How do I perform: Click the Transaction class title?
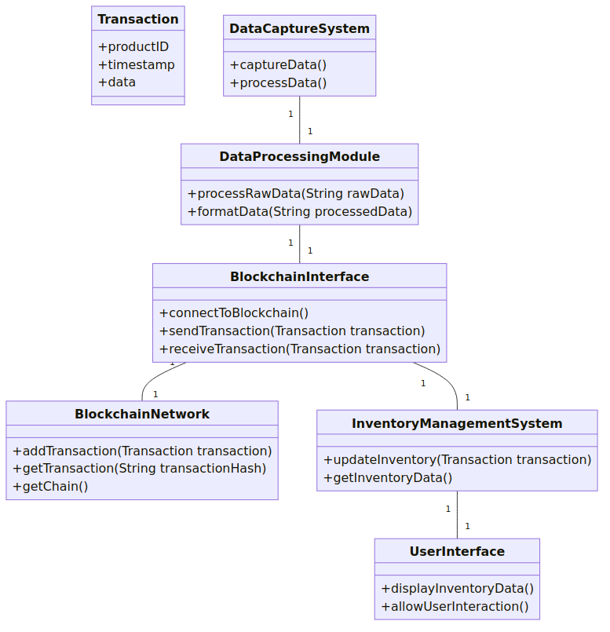point(138,19)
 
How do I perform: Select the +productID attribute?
point(133,47)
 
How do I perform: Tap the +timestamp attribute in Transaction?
point(137,64)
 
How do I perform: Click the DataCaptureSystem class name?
point(300,28)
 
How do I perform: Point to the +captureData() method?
point(278,65)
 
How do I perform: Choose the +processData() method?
point(278,83)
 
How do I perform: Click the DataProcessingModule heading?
point(300,156)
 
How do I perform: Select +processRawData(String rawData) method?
point(295,193)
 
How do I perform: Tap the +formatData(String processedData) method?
point(300,212)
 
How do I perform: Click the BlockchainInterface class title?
point(300,276)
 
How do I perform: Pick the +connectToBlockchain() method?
point(234,312)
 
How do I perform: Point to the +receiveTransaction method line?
point(300,349)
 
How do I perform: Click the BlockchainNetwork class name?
point(142,414)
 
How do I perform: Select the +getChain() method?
point(50,487)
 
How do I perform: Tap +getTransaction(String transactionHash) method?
point(140,469)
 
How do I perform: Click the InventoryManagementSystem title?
point(457,423)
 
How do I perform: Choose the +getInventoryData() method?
point(388,478)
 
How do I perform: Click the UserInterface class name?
point(457,551)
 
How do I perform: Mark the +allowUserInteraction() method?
point(455,607)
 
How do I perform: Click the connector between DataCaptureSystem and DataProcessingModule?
point(300,120)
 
